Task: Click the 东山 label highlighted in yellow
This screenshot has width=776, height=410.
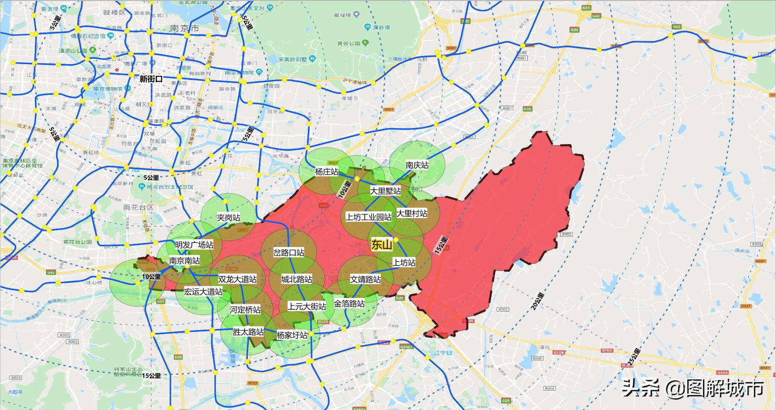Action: click(381, 245)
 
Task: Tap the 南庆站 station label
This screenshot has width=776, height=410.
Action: click(417, 165)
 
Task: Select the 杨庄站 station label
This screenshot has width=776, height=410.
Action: click(326, 172)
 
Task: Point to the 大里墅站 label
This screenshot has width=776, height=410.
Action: click(385, 191)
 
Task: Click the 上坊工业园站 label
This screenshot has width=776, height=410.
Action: click(368, 217)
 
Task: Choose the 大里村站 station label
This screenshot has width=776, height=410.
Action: click(411, 214)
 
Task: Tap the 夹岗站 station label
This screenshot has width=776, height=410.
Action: click(228, 218)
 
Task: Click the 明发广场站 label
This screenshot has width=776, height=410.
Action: click(194, 245)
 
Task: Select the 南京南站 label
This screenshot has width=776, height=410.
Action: click(185, 261)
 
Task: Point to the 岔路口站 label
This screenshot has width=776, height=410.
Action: click(288, 252)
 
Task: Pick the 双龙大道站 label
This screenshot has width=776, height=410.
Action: click(237, 280)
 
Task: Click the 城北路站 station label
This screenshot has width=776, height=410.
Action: click(297, 280)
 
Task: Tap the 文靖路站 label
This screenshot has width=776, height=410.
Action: click(365, 280)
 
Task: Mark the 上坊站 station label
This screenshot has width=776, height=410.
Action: click(404, 262)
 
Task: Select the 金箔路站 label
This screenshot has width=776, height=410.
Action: click(349, 304)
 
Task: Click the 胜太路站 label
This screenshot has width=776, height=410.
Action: click(248, 332)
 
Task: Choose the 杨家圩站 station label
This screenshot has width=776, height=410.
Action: click(292, 335)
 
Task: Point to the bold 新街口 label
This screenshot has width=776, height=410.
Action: click(151, 79)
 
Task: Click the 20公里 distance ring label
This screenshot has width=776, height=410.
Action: click(537, 301)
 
